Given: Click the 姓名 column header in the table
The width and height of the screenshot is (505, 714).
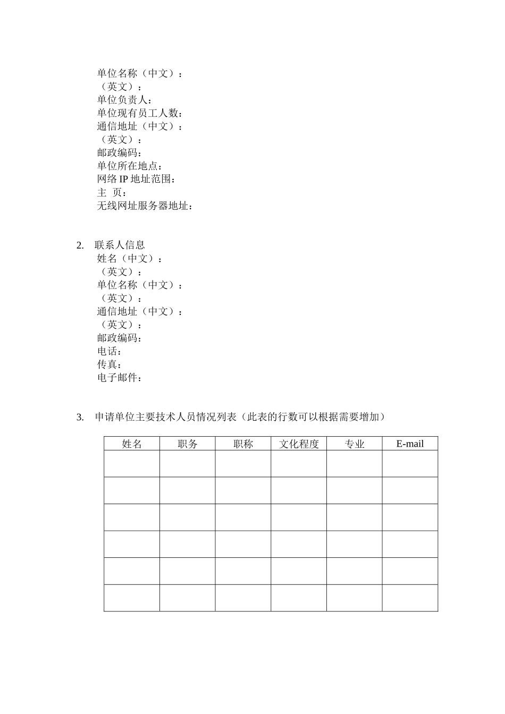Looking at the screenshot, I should tap(132, 444).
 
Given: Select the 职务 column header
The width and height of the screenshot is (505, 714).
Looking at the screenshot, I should tap(188, 444).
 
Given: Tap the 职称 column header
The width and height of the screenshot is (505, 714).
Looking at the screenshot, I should tap(243, 444).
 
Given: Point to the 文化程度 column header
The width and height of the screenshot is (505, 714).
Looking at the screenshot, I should tap(299, 444).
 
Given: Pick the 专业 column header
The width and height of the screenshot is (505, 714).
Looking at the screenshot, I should tap(355, 444).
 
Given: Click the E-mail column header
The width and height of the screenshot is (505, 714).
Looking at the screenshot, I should tap(410, 444).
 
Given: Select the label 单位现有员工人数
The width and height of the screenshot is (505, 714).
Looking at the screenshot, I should tap(140, 113).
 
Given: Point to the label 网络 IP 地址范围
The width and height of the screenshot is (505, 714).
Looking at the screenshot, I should tap(136, 179).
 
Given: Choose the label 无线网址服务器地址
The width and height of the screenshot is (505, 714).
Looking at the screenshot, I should tap(145, 206).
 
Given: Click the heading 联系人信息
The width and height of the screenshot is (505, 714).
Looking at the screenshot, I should tap(120, 245).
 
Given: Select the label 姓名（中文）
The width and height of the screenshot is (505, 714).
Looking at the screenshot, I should tap(129, 259).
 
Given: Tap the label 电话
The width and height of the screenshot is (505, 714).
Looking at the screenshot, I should tap(109, 351).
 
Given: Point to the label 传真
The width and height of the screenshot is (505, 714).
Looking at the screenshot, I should tap(109, 364).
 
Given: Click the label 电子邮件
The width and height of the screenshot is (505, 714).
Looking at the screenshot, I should tap(119, 378).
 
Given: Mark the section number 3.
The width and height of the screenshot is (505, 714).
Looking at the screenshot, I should tap(80, 418).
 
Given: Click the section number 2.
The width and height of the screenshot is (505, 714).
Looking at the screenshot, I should tap(80, 245).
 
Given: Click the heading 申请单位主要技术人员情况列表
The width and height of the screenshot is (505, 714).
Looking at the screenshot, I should tap(165, 417).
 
